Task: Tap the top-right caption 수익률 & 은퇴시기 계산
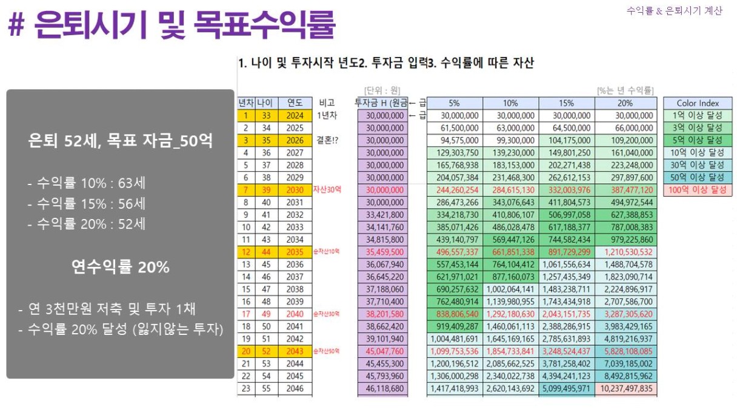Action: click(674, 11)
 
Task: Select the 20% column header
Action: click(625, 103)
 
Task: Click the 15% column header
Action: click(566, 103)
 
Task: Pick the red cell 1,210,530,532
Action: click(625, 252)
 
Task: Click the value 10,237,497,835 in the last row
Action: click(625, 388)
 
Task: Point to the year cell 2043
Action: click(295, 351)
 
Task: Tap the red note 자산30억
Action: click(327, 190)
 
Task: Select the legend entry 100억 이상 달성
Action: click(698, 190)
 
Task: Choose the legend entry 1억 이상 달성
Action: click(698, 115)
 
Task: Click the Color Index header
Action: click(698, 103)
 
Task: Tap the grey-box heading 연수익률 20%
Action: click(120, 266)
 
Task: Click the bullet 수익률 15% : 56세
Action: click(86, 203)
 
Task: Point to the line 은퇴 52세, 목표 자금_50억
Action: click(120, 141)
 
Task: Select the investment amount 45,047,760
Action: click(382, 351)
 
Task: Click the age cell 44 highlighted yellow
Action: click(266, 252)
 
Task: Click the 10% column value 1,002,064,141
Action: click(510, 289)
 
